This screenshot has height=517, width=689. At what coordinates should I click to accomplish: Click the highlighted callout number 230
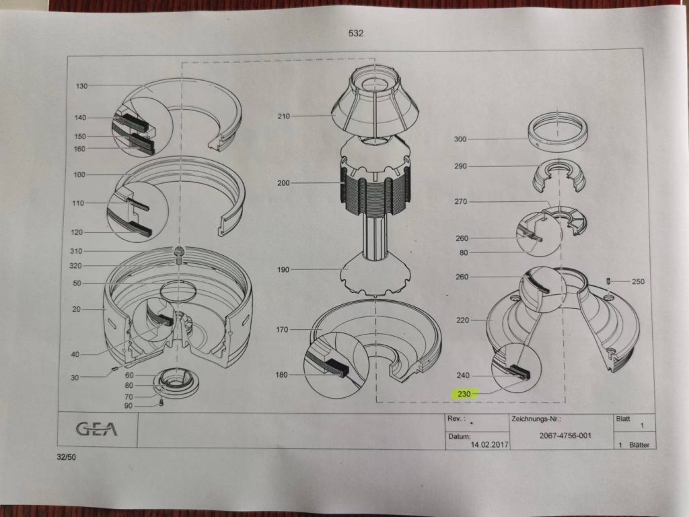pyautogui.click(x=464, y=394)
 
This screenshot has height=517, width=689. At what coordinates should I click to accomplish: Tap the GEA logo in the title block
pyautogui.click(x=97, y=429)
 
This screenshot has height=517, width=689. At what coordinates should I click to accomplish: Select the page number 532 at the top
pyautogui.click(x=356, y=34)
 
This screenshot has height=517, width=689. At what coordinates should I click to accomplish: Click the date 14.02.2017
pyautogui.click(x=490, y=444)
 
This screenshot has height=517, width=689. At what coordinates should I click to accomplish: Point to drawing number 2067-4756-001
pyautogui.click(x=565, y=436)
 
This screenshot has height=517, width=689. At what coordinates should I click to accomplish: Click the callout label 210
pyautogui.click(x=284, y=116)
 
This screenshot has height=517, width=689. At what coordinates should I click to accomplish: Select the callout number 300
pyautogui.click(x=460, y=139)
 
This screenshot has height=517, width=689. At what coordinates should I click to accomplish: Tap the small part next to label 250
pyautogui.click(x=608, y=281)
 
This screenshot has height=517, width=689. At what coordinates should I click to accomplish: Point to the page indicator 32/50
pyautogui.click(x=66, y=457)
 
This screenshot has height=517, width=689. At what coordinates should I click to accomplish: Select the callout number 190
pyautogui.click(x=283, y=270)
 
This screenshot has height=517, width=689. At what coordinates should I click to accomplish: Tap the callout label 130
pyautogui.click(x=81, y=86)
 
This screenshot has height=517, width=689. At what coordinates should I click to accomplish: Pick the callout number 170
pyautogui.click(x=282, y=329)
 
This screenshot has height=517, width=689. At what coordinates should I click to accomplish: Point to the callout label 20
pyautogui.click(x=77, y=310)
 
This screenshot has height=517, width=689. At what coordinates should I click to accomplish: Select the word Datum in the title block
pyautogui.click(x=459, y=437)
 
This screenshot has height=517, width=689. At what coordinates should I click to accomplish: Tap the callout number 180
pyautogui.click(x=281, y=375)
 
